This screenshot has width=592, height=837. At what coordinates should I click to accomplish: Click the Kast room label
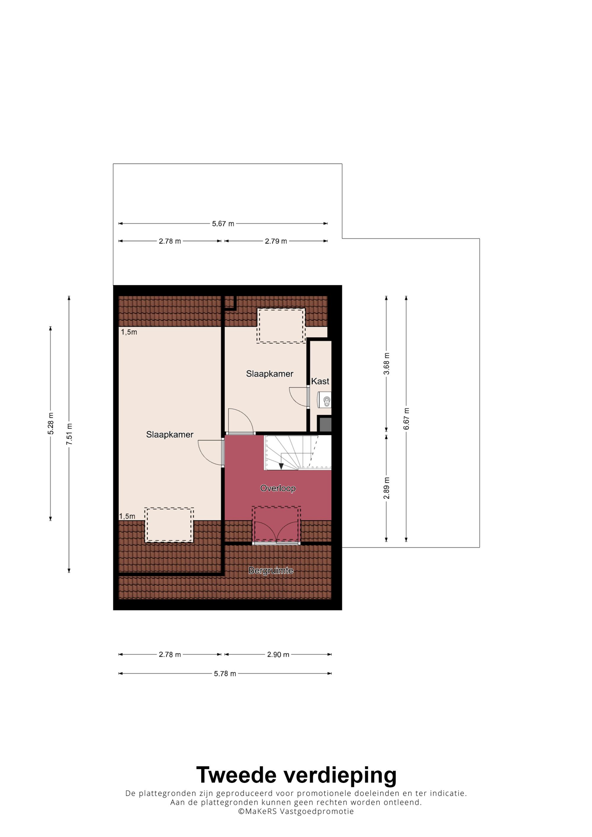(x=320, y=381)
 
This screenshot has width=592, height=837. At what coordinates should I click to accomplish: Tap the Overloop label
(x=278, y=488)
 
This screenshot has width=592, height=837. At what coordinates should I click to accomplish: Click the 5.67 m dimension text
(x=223, y=224)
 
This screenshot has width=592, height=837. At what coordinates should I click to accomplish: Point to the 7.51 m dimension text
(x=69, y=434)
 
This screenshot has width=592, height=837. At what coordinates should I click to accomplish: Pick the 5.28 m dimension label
(x=51, y=423)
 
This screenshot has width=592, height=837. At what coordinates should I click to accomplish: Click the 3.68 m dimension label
(x=387, y=363)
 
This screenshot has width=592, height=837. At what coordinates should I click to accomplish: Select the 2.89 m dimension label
(x=387, y=488)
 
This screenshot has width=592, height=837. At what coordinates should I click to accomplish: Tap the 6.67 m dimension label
(x=406, y=418)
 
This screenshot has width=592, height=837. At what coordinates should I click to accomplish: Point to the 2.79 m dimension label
(x=276, y=241)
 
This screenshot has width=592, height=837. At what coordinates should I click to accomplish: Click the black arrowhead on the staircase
(x=281, y=466)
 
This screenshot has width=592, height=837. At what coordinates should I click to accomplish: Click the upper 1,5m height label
(x=129, y=332)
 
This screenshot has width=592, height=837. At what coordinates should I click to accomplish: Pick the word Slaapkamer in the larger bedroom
(x=170, y=434)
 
